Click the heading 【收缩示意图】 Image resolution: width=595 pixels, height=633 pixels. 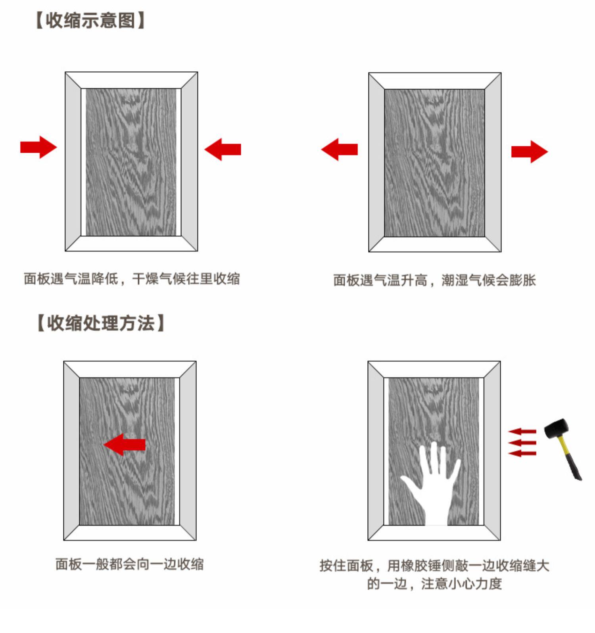click(x=91, y=20)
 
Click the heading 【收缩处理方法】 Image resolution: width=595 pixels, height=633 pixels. click(x=101, y=323)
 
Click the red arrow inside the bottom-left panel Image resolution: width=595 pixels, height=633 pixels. click(x=125, y=444)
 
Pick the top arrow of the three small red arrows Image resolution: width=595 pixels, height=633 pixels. click(x=522, y=431)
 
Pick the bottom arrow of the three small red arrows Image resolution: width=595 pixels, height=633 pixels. click(x=522, y=453)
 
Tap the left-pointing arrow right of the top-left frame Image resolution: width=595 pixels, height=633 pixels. click(x=223, y=150)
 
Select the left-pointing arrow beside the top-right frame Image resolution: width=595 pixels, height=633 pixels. click(x=340, y=150)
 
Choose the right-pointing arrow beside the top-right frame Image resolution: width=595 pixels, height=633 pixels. click(x=529, y=152)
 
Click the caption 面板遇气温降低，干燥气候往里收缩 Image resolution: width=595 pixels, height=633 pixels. click(x=132, y=278)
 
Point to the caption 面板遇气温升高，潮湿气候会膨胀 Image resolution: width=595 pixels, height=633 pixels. click(x=434, y=280)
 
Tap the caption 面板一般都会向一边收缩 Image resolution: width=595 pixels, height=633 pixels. click(x=130, y=564)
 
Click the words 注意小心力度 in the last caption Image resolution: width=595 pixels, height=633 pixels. click(x=461, y=583)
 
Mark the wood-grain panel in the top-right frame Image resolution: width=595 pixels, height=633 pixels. click(x=434, y=163)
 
